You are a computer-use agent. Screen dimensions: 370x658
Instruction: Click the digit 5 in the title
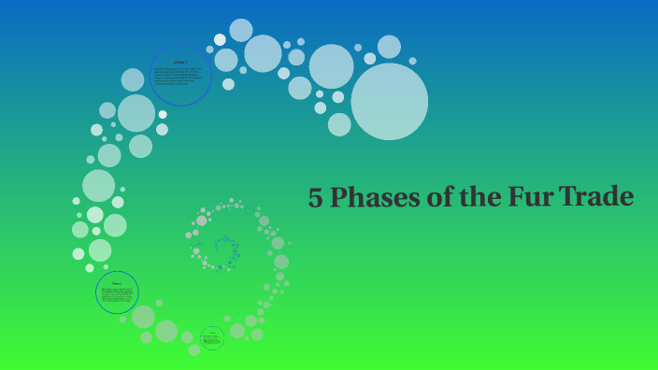[317, 198]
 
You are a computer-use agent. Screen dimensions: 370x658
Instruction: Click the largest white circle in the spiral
[390, 102]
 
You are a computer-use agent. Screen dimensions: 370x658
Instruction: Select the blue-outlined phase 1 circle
[180, 75]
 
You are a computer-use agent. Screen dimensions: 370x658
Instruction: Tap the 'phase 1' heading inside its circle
[180, 61]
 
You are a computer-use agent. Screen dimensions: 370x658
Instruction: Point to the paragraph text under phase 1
[180, 78]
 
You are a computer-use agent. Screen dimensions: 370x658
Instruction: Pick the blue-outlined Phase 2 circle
[117, 292]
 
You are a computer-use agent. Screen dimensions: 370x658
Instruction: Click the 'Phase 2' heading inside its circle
[117, 282]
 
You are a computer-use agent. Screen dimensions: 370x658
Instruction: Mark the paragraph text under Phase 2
[117, 296]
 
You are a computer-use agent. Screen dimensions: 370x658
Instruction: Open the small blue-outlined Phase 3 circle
[212, 338]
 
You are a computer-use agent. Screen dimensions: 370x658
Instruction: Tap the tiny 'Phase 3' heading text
[212, 332]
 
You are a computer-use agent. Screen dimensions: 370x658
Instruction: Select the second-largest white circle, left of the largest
[331, 65]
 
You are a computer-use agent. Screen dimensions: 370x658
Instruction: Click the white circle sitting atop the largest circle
[389, 47]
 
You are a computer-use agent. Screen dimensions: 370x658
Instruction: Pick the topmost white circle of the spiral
[241, 30]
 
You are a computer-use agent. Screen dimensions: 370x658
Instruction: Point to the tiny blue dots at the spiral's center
[225, 250]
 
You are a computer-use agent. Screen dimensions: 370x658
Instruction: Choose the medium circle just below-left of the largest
[339, 124]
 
